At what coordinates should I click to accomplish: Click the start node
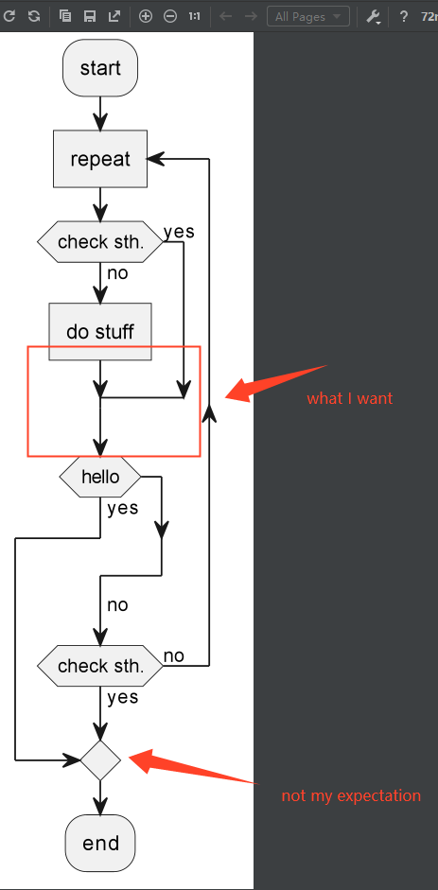coord(100,68)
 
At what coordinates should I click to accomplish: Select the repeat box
coord(100,159)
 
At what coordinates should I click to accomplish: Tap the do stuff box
coord(100,332)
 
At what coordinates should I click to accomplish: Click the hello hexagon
coord(100,477)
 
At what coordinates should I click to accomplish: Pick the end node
coord(100,843)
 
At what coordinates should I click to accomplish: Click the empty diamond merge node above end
coord(100,759)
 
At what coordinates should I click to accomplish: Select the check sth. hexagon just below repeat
coord(100,242)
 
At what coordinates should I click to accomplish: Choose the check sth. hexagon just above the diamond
coord(100,666)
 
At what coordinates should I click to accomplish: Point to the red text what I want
coord(349,398)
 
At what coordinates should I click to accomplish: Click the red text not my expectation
coord(351,795)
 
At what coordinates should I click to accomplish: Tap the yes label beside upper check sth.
coord(179,232)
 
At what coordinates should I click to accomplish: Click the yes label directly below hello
coord(122,508)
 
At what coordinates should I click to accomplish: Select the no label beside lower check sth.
coord(174,656)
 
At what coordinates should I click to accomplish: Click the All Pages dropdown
coord(307,16)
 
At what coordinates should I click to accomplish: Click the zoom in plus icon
coord(146,16)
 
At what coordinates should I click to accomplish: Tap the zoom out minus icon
coord(170,16)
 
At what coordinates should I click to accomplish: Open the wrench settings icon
coord(373,16)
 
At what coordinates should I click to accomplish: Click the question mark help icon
coord(403,16)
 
